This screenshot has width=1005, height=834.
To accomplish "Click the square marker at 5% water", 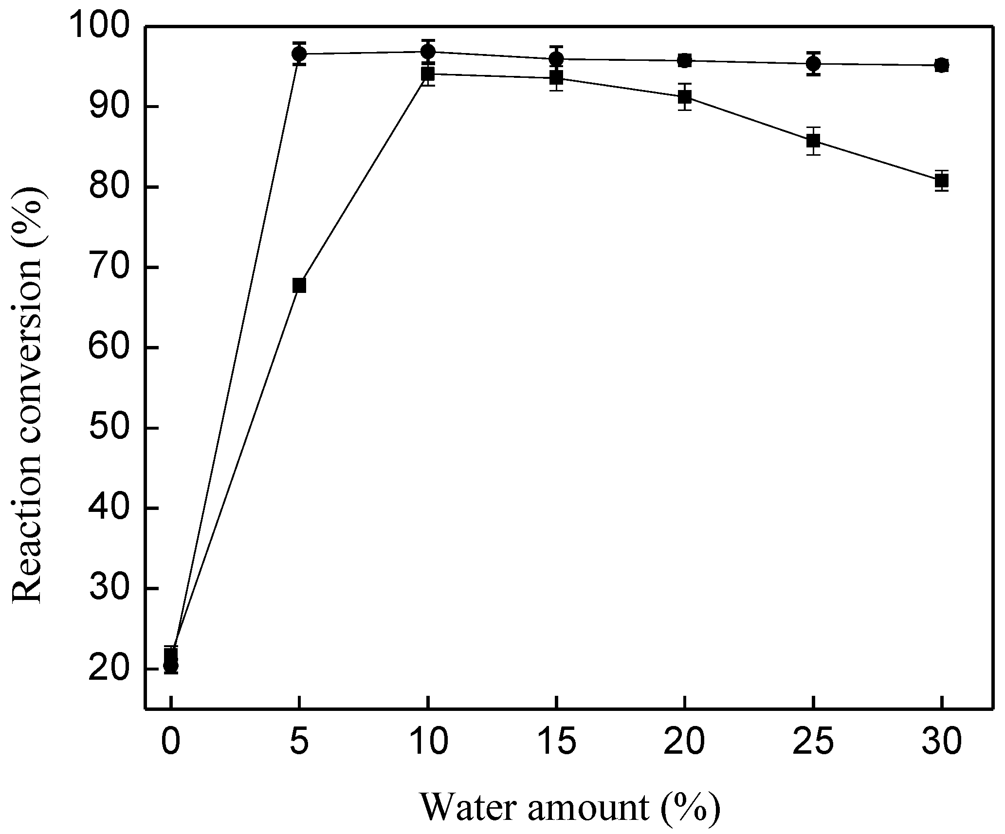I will coord(299,286).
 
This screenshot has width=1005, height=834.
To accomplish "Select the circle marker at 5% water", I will coord(299,54).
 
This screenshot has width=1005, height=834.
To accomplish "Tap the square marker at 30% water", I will coord(942,181).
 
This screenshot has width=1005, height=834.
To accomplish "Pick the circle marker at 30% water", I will coord(942,65).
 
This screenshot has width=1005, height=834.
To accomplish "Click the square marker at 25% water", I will coord(813,141).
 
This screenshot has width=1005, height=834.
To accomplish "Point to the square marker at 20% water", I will coord(685,97).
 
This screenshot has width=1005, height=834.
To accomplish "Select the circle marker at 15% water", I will coord(556,59).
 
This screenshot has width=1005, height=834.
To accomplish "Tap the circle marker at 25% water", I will coord(813,63).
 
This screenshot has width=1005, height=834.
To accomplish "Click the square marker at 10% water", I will coord(428,74).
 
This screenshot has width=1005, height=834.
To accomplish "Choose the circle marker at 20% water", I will coord(685,60).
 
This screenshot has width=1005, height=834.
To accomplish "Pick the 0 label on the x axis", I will coord(171,743).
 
